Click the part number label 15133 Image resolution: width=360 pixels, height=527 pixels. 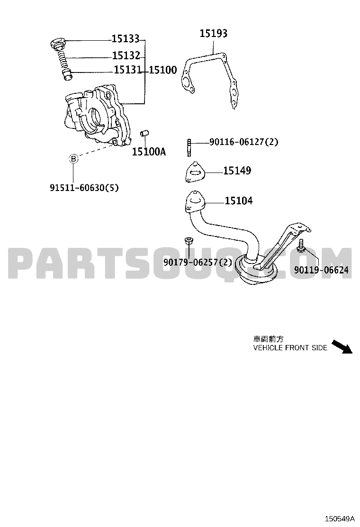(x=125, y=39)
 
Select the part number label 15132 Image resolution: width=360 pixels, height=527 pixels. (x=126, y=55)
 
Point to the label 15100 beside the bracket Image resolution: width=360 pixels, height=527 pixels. (x=163, y=70)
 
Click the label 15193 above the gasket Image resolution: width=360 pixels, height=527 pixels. (x=214, y=33)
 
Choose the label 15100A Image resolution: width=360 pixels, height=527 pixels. (x=149, y=152)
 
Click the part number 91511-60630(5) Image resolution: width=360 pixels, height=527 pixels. (x=84, y=188)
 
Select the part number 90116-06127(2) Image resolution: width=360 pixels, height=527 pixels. (x=244, y=142)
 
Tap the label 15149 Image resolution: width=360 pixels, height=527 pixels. (x=237, y=171)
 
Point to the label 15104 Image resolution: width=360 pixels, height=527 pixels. (x=238, y=201)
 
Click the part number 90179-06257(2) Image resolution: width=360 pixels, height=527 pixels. (x=198, y=262)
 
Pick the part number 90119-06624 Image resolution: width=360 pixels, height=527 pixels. (x=321, y=270)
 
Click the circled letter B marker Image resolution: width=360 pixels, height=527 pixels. (x=73, y=159)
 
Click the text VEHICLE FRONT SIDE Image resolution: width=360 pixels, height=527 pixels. (x=290, y=348)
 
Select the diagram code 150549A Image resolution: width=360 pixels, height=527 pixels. (x=340, y=518)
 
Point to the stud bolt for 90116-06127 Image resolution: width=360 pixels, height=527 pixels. (x=189, y=147)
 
